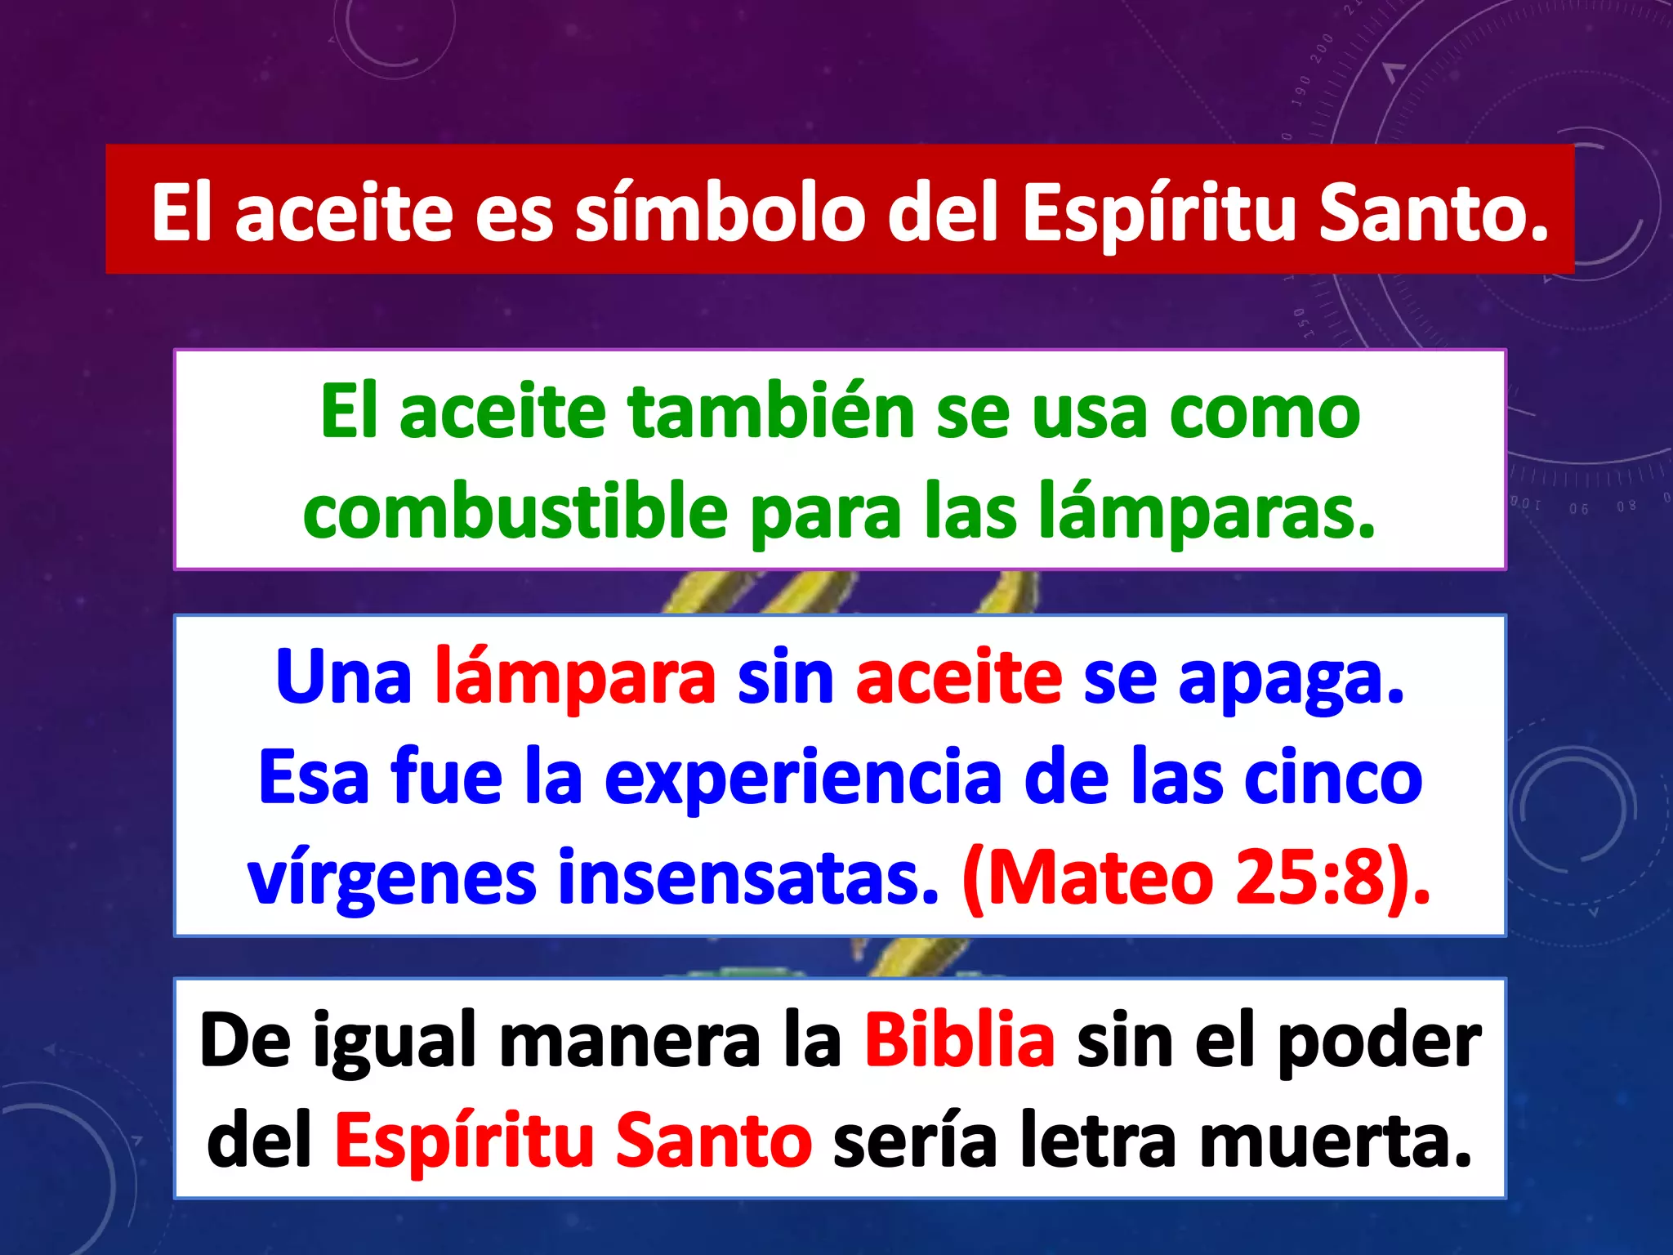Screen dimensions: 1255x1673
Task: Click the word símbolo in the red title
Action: coord(720,212)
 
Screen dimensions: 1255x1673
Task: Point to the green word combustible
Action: coord(515,513)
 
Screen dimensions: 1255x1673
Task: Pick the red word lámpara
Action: coord(575,677)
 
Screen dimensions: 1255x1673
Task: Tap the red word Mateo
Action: coord(1102,878)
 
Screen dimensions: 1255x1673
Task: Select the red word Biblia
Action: coord(959,1040)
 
